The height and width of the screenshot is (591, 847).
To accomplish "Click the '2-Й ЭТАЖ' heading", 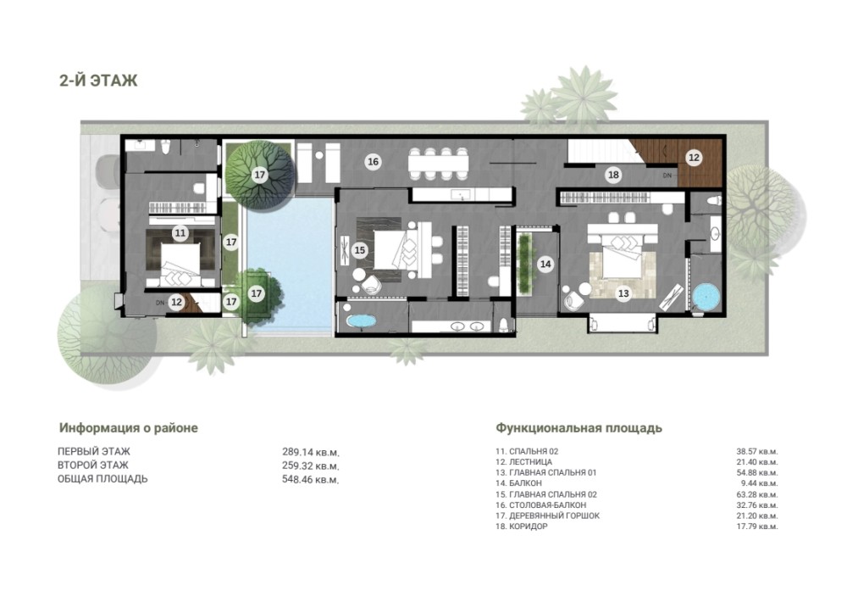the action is (98, 81).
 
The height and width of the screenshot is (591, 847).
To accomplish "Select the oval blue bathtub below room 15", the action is (362, 321).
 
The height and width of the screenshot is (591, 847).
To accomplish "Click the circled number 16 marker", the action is (373, 161).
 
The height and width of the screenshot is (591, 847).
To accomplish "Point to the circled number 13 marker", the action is (623, 293).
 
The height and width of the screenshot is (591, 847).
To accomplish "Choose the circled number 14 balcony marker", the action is (545, 264).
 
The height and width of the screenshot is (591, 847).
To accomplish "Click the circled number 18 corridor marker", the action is (613, 175).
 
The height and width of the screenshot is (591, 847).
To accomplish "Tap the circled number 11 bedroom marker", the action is (180, 233).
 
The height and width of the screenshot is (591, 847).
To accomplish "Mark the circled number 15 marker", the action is (360, 250).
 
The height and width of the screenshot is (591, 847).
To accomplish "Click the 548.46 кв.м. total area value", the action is (311, 479).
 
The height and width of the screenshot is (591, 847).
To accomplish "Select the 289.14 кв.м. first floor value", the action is (311, 451).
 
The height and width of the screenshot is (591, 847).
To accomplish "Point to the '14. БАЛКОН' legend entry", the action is (518, 483).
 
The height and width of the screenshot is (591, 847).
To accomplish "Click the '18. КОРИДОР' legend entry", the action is (521, 526).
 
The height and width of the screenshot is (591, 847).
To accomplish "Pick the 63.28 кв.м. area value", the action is (756, 494).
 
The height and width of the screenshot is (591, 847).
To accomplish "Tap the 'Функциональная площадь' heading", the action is (579, 427).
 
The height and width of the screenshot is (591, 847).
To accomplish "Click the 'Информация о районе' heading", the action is (129, 427).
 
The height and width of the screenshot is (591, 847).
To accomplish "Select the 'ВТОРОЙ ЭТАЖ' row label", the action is (93, 465).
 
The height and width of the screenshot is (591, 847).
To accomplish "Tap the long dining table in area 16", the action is (438, 164).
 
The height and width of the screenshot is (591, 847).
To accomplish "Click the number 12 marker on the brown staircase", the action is (695, 158).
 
